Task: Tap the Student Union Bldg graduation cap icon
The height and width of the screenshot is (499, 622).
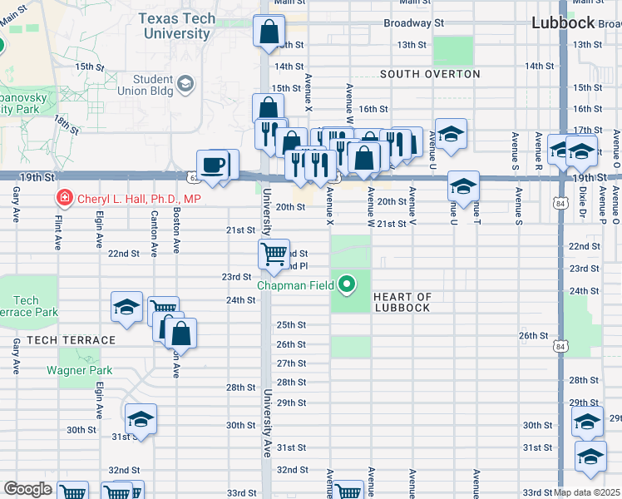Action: pos(185,83)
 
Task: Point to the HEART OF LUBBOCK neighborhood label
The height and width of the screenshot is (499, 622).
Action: pos(402,302)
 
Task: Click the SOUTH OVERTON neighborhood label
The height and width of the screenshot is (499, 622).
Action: pos(430,74)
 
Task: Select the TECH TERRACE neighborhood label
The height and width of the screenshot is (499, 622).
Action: pos(71,340)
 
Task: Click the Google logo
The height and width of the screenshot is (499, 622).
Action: pos(27,489)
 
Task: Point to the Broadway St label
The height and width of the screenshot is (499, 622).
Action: pos(413,23)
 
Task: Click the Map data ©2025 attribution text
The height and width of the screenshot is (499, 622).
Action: pos(587,492)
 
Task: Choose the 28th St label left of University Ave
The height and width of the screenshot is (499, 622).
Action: pos(240,388)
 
